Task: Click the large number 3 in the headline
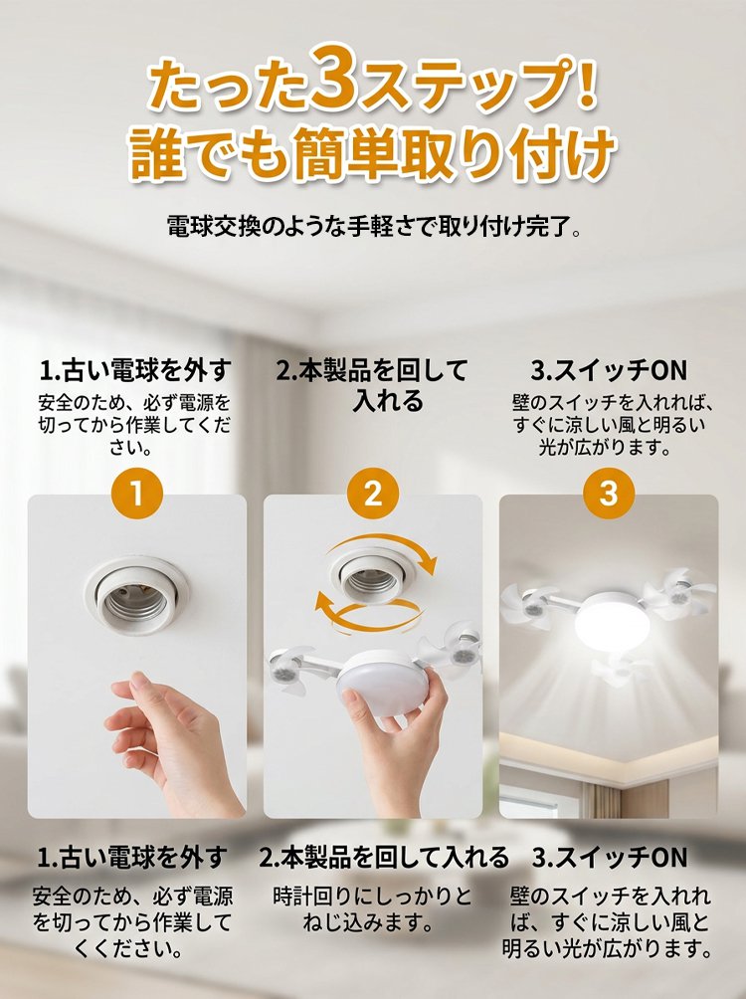click(x=334, y=77)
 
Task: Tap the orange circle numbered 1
click(x=137, y=494)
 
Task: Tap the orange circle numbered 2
click(x=373, y=494)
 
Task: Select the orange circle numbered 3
click(x=609, y=494)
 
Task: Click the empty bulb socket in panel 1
click(x=135, y=595)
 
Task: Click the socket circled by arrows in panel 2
click(x=373, y=575)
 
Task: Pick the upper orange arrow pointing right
click(x=382, y=551)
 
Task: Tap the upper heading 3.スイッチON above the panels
click(x=609, y=370)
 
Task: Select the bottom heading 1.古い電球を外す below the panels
click(x=132, y=858)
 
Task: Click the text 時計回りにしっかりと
click(x=373, y=897)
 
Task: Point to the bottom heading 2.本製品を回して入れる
click(x=384, y=858)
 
